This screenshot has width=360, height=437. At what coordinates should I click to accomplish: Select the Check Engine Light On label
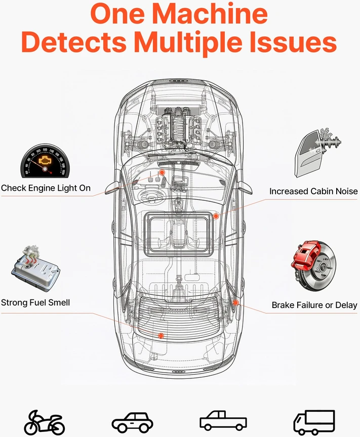pos(46,188)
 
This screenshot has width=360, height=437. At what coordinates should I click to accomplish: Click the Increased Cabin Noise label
pos(313,191)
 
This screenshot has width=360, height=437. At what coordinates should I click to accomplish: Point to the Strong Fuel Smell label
pos(35,302)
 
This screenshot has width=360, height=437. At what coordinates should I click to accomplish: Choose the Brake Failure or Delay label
pos(314,305)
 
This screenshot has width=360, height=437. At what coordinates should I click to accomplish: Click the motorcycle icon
pos(45,423)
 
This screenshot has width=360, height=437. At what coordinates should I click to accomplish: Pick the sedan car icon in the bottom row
pos(132,422)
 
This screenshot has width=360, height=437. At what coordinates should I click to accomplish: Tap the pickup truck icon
pos(223,420)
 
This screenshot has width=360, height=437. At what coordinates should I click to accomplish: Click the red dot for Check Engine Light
pos(162,172)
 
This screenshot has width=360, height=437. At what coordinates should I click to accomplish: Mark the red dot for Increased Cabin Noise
pos(216,216)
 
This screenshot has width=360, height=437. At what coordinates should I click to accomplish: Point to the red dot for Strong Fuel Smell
pos(161,335)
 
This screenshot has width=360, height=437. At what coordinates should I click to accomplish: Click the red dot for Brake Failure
pos(235,302)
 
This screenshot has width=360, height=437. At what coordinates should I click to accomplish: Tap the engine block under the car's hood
pos(179,125)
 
